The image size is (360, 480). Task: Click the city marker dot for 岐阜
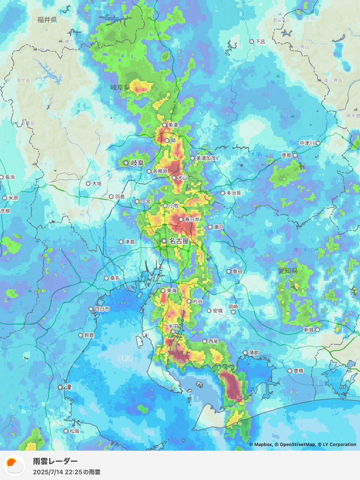(126, 163)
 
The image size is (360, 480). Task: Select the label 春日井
(192, 220)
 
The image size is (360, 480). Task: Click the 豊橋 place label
(298, 371)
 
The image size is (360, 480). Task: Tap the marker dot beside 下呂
(252, 42)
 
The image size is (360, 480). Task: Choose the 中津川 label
(307, 143)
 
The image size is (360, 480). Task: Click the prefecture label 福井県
(47, 20)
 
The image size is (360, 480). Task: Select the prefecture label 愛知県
(288, 271)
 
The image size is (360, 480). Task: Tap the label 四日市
(102, 309)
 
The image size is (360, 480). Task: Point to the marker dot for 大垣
(88, 184)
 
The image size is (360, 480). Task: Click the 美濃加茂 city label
(206, 158)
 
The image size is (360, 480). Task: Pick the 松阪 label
(74, 431)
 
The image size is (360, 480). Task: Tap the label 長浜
(9, 177)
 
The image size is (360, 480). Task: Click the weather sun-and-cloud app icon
(15, 465)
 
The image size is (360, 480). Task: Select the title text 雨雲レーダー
(55, 461)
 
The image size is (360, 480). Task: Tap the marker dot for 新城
(318, 330)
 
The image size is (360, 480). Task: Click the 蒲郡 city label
(254, 353)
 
